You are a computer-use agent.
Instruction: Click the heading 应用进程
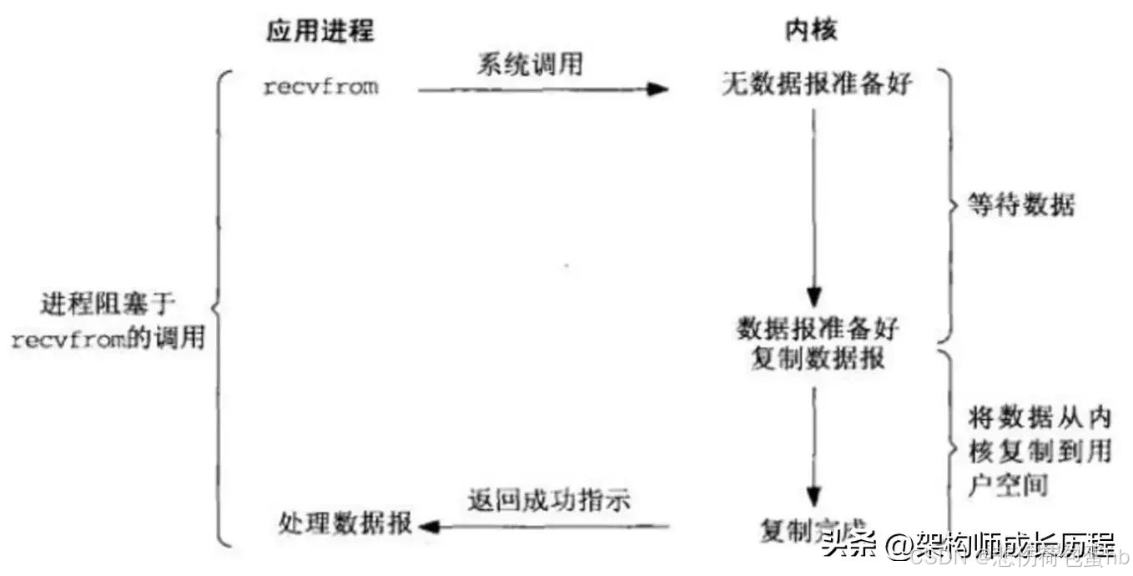(x=320, y=31)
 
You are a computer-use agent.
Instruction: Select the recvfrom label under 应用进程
(x=320, y=86)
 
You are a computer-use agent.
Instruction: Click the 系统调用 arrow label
(x=529, y=63)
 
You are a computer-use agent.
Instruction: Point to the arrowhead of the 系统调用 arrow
(x=659, y=88)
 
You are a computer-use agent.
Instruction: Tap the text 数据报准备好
(x=818, y=328)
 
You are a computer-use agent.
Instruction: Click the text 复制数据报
(x=818, y=360)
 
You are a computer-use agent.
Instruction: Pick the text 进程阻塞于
(x=107, y=305)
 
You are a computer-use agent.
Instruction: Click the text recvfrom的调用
(x=107, y=340)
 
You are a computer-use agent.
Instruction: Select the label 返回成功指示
(x=547, y=501)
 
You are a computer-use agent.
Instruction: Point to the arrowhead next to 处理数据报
(x=428, y=526)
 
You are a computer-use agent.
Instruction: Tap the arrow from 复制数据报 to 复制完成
(x=816, y=442)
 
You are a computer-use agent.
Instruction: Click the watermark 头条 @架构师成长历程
(x=969, y=547)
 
